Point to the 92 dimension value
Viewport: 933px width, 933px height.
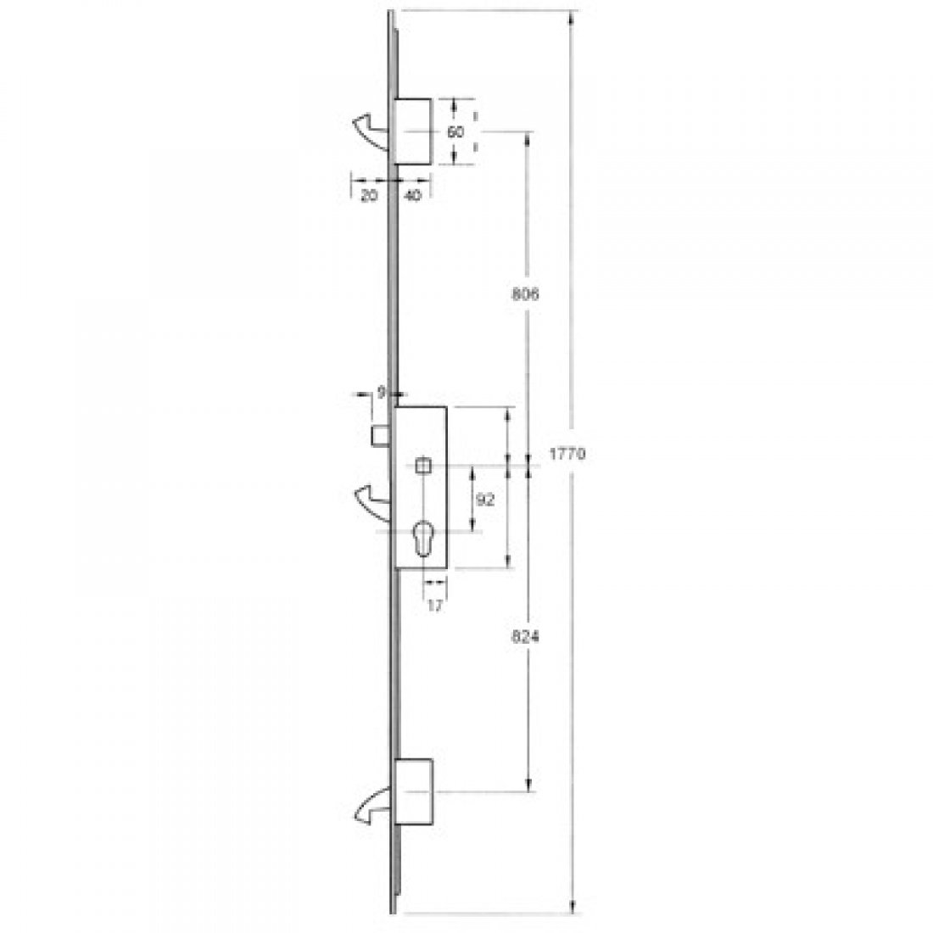click(485, 500)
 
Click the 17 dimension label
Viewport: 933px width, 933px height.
click(435, 606)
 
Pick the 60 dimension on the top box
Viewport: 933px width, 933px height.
click(455, 131)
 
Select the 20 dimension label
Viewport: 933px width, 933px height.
click(368, 195)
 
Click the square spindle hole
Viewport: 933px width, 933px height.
click(422, 466)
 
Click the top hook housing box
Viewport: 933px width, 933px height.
click(413, 131)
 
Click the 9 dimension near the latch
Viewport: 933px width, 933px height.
click(382, 393)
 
